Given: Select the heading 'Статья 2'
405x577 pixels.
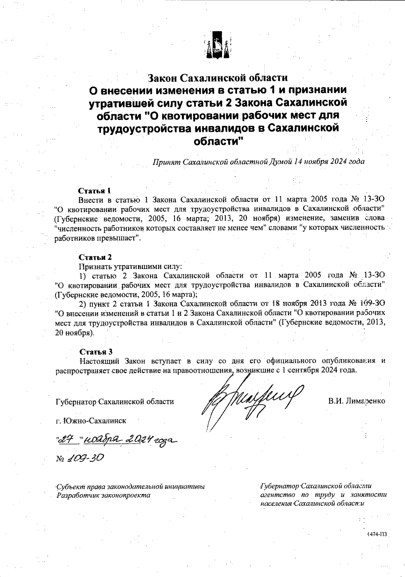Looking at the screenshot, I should click(x=95, y=258).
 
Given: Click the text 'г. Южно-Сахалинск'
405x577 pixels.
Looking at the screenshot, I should click(x=91, y=421).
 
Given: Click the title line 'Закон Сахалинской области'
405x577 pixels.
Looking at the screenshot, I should click(x=218, y=78).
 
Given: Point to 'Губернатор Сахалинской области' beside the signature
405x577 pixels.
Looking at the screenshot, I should click(x=115, y=402).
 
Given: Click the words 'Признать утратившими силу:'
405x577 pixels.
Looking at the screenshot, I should click(x=130, y=267).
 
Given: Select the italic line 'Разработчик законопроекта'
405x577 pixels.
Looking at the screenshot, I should click(x=103, y=495).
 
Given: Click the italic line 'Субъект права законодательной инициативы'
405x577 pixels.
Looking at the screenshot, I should click(x=130, y=487).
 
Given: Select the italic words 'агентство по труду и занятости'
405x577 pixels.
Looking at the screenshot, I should click(x=323, y=495).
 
